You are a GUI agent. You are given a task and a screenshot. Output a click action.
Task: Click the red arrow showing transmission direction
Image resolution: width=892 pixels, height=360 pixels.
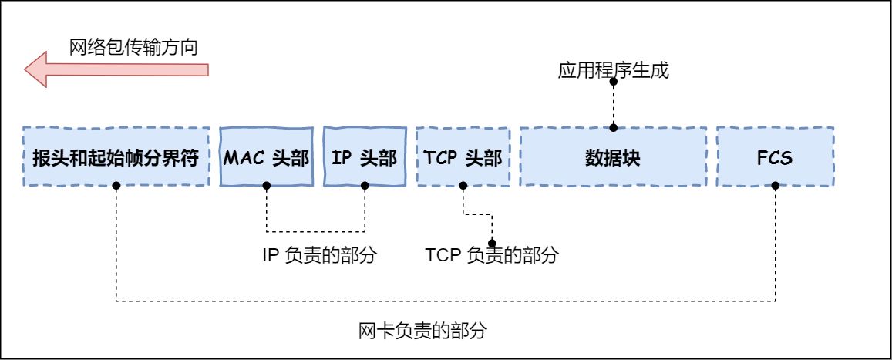tap(116, 70)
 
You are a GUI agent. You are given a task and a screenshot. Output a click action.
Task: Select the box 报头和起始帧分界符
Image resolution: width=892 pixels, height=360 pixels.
tap(116, 158)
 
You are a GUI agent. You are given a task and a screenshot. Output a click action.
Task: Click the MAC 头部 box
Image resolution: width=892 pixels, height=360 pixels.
tap(266, 158)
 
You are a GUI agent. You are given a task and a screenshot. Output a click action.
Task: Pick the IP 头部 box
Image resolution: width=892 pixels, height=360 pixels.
tap(365, 158)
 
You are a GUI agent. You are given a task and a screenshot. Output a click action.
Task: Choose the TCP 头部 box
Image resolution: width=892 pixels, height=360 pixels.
tap(463, 158)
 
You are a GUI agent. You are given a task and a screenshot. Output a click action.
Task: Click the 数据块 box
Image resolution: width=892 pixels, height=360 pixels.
tap(614, 158)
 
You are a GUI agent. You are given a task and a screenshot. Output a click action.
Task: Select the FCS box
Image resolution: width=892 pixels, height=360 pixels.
tap(775, 158)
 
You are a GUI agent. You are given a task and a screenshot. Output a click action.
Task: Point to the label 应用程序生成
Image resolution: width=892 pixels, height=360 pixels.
tap(614, 72)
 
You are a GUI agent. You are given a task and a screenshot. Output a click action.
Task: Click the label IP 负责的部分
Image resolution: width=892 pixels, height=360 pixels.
tap(319, 255)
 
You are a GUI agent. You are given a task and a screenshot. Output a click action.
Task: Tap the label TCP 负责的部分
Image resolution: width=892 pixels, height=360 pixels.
tap(491, 255)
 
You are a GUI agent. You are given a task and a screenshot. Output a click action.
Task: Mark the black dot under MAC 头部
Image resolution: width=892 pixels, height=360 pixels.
tap(266, 186)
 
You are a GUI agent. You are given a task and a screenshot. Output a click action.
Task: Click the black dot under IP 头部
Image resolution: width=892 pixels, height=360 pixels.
tap(365, 186)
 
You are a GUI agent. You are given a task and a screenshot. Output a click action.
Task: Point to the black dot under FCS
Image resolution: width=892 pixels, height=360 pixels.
tap(775, 186)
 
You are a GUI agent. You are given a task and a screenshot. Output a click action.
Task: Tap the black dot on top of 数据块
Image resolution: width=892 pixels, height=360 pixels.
tap(614, 128)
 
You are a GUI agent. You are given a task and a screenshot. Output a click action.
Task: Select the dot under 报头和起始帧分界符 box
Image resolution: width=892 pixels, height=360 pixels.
tap(116, 186)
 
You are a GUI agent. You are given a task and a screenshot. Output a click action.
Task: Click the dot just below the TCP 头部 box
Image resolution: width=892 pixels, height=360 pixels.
tap(463, 186)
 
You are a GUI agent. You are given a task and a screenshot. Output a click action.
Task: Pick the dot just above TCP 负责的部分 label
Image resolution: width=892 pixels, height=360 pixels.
tap(491, 239)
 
